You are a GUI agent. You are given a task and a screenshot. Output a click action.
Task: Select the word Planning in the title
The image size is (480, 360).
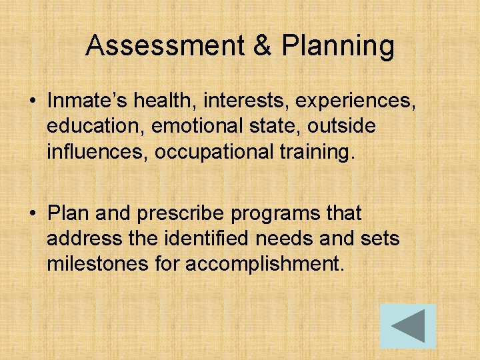[338, 47]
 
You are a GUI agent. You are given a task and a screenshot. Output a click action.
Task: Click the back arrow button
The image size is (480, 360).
[408, 326]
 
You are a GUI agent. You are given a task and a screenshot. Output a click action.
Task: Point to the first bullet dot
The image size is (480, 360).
[31, 101]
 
